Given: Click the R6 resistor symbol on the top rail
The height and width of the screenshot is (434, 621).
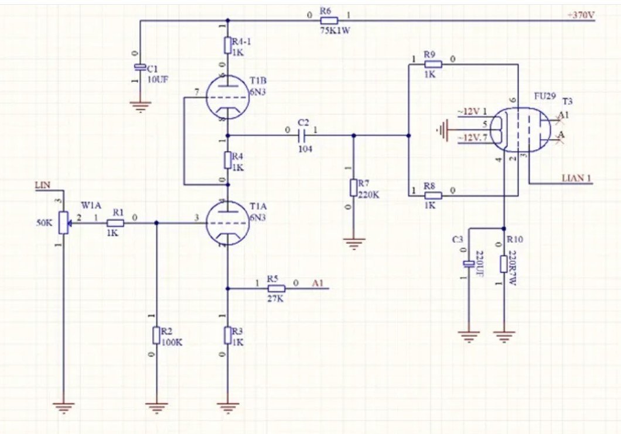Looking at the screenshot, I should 329,20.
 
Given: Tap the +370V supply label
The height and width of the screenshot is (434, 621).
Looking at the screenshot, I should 581,15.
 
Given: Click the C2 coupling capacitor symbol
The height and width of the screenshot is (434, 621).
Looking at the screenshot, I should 302,135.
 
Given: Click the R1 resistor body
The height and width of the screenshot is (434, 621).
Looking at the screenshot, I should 115,223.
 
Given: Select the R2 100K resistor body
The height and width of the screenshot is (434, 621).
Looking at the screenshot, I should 156,335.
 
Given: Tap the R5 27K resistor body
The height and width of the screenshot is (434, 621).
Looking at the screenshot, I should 276,288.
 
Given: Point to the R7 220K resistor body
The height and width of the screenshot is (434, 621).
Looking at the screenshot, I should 353,188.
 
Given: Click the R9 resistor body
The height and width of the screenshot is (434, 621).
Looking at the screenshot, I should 432,66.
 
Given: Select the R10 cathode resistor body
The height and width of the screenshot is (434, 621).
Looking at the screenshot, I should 504,263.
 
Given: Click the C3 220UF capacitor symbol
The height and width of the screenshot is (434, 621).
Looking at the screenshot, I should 469,264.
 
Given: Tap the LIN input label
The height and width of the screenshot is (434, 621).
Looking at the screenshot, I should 42,185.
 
